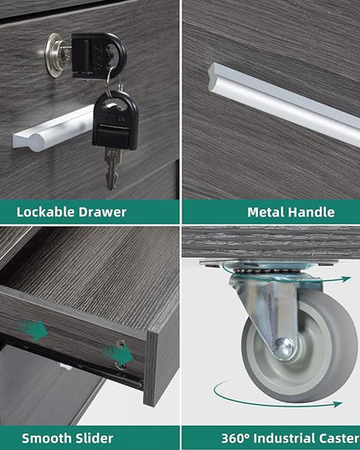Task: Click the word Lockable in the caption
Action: [45, 212]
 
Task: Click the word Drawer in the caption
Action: [102, 212]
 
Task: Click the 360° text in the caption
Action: [235, 438]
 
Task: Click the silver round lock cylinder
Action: [56, 54]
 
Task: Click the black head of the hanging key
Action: [116, 121]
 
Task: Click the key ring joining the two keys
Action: [112, 82]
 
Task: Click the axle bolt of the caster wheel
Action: [284, 349]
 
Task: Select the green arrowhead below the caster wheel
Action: [338, 404]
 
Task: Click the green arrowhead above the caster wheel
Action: [347, 278]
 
